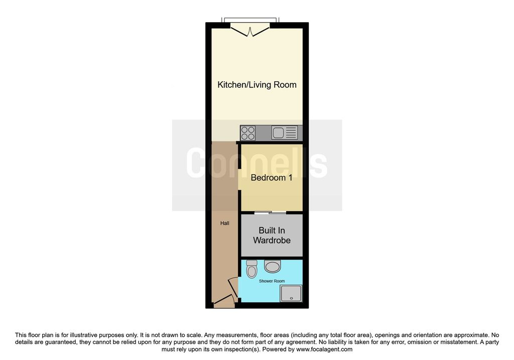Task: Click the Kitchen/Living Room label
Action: pos(257,85)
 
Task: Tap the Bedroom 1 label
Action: pos(272,178)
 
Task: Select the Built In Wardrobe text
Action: pos(272,235)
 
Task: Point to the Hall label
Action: pos(224,223)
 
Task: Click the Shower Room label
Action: pos(272,281)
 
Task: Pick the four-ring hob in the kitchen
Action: pos(247,133)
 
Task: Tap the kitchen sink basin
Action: pos(278,133)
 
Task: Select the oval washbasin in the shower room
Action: pos(273,266)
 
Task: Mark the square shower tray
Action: pos(291,293)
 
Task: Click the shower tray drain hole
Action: pos(291,298)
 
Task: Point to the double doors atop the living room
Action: pos(250,30)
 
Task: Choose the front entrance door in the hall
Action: pos(224,300)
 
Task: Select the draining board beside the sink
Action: pos(291,133)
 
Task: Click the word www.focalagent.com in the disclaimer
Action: pos(324,349)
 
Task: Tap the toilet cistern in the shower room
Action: pos(252,263)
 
